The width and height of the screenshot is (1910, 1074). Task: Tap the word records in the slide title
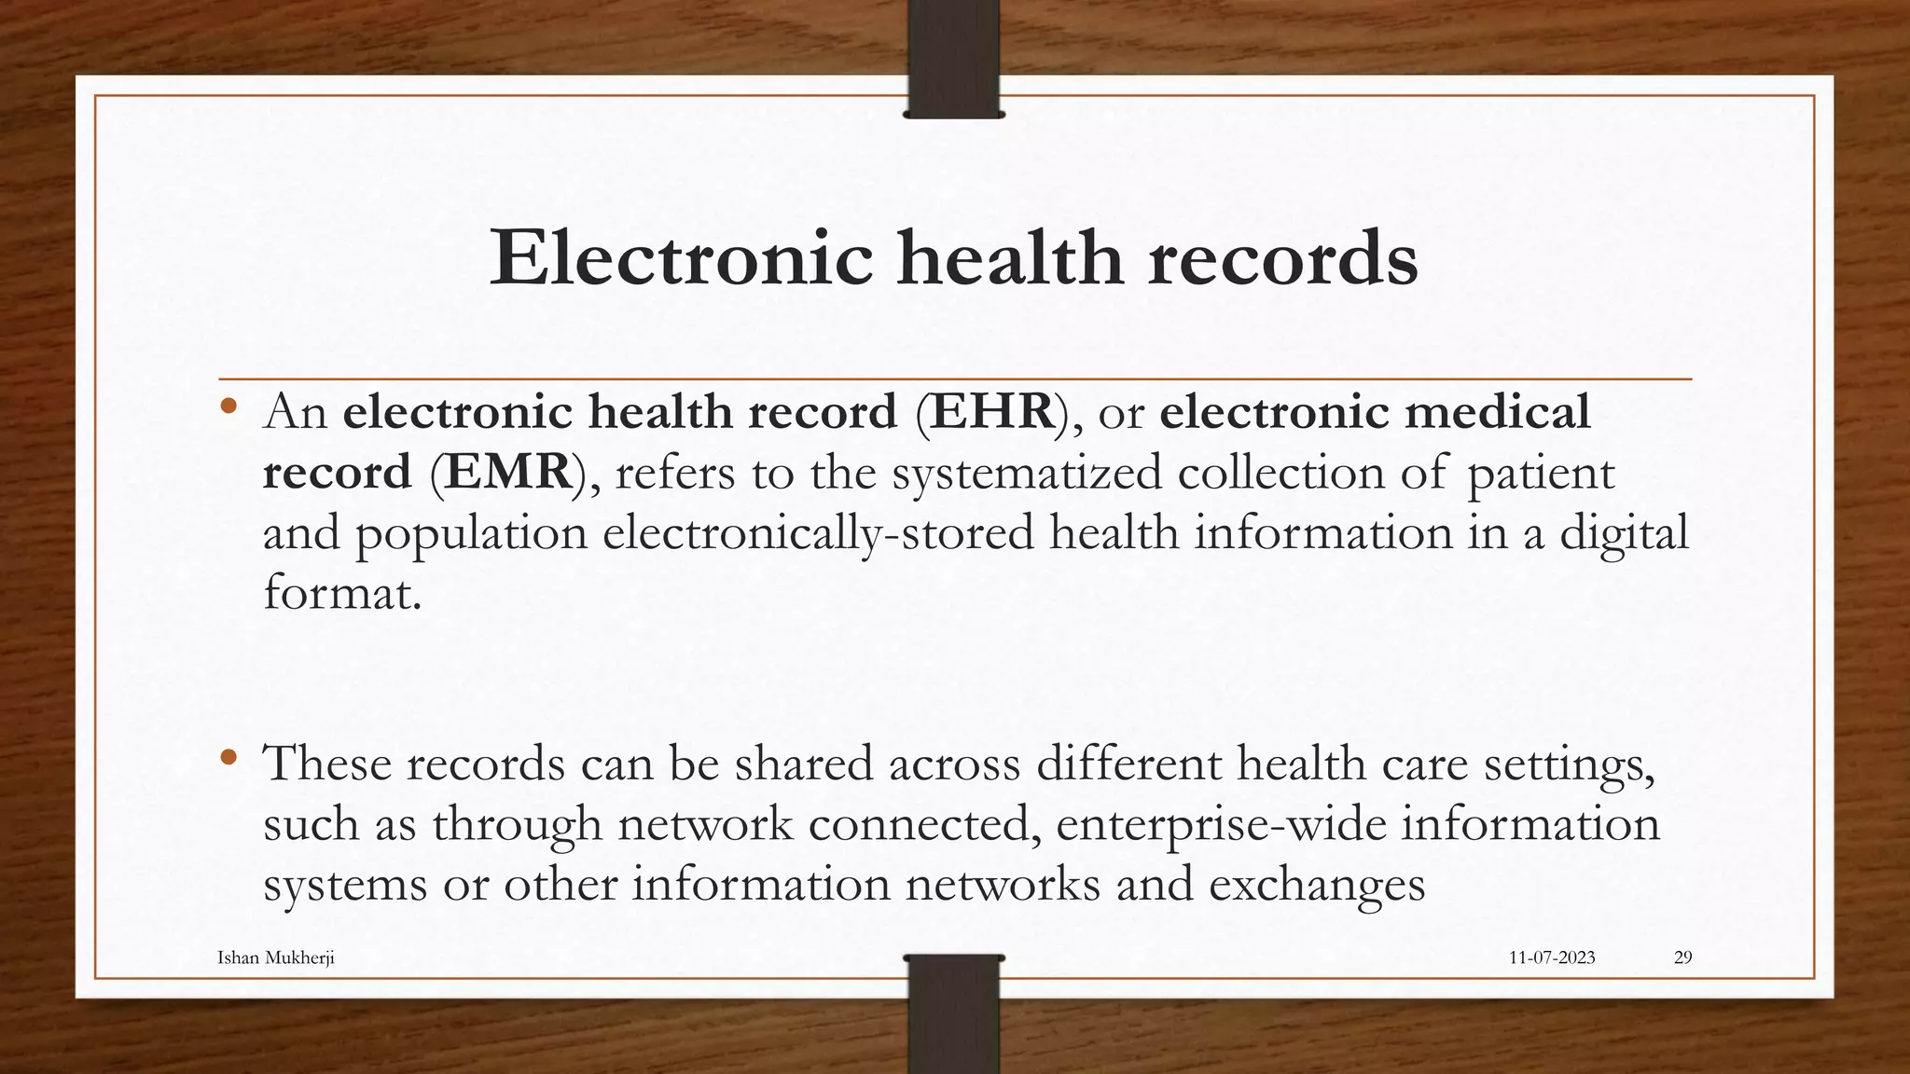[1282, 258]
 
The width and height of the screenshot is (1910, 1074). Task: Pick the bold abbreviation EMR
[508, 472]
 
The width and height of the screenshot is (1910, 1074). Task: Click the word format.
[342, 593]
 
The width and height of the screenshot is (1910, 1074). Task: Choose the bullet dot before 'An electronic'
[228, 406]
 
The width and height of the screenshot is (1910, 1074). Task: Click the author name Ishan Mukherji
[275, 957]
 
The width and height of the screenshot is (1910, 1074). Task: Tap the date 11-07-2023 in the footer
[1552, 957]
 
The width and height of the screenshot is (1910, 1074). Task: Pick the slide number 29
[1682, 957]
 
